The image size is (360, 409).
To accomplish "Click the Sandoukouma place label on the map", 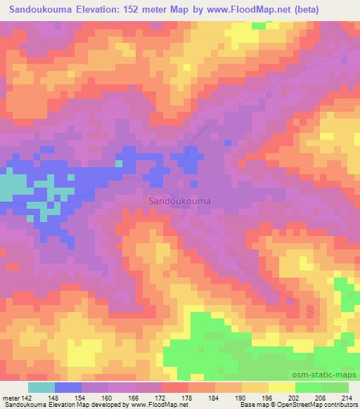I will coord(180,200).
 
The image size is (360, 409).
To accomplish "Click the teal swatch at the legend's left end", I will coord(41,387).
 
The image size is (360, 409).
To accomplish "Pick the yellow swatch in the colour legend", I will coord(282,387).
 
